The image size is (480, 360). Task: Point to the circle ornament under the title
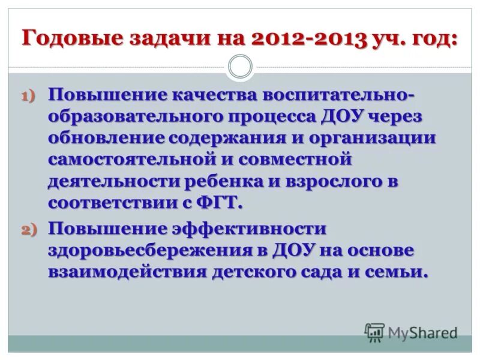coord(241,67)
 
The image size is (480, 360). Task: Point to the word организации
coord(373,137)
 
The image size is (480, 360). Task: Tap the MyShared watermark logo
coord(411,332)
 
